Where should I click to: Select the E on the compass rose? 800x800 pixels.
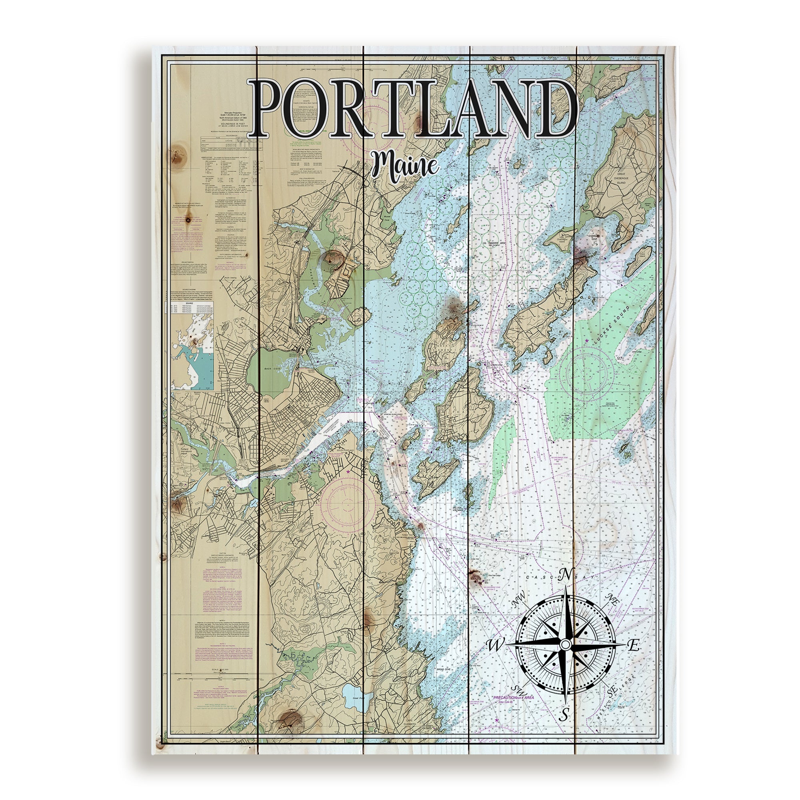point(634,645)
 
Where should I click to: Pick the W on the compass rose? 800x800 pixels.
point(495,645)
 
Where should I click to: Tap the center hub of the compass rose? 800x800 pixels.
point(565,645)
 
